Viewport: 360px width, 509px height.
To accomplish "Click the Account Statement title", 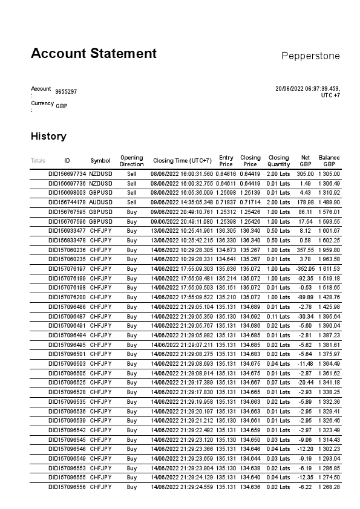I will [x=94, y=53].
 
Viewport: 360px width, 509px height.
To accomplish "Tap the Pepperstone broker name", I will [x=310, y=56].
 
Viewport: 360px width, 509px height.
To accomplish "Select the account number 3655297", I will [x=66, y=92].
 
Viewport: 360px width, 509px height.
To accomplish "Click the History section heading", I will [x=48, y=136].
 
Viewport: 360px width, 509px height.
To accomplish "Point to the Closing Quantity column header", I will [x=278, y=161].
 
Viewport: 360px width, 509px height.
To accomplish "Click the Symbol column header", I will [x=100, y=161].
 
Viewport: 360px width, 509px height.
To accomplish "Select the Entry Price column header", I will [x=226, y=161].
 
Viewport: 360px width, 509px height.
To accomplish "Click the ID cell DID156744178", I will [x=67, y=202].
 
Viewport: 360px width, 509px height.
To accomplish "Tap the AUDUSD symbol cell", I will [x=100, y=202].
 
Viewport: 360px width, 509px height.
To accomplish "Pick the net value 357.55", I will [x=305, y=250].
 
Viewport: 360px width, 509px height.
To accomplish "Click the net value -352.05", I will [x=304, y=268].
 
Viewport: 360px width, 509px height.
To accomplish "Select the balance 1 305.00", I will [x=329, y=173].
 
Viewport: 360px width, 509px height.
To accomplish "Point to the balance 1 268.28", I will [x=329, y=487].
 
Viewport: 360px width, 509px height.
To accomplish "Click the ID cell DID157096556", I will [x=67, y=487].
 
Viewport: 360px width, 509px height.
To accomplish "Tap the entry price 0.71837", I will [x=226, y=202].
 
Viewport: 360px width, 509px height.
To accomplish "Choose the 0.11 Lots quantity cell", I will [x=278, y=316].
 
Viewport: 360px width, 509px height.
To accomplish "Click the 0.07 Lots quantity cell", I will [x=278, y=382].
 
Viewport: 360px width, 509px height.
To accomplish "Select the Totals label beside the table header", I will [x=38, y=161].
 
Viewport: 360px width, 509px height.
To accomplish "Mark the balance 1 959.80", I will [x=329, y=250].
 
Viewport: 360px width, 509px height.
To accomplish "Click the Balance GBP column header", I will [x=329, y=161].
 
